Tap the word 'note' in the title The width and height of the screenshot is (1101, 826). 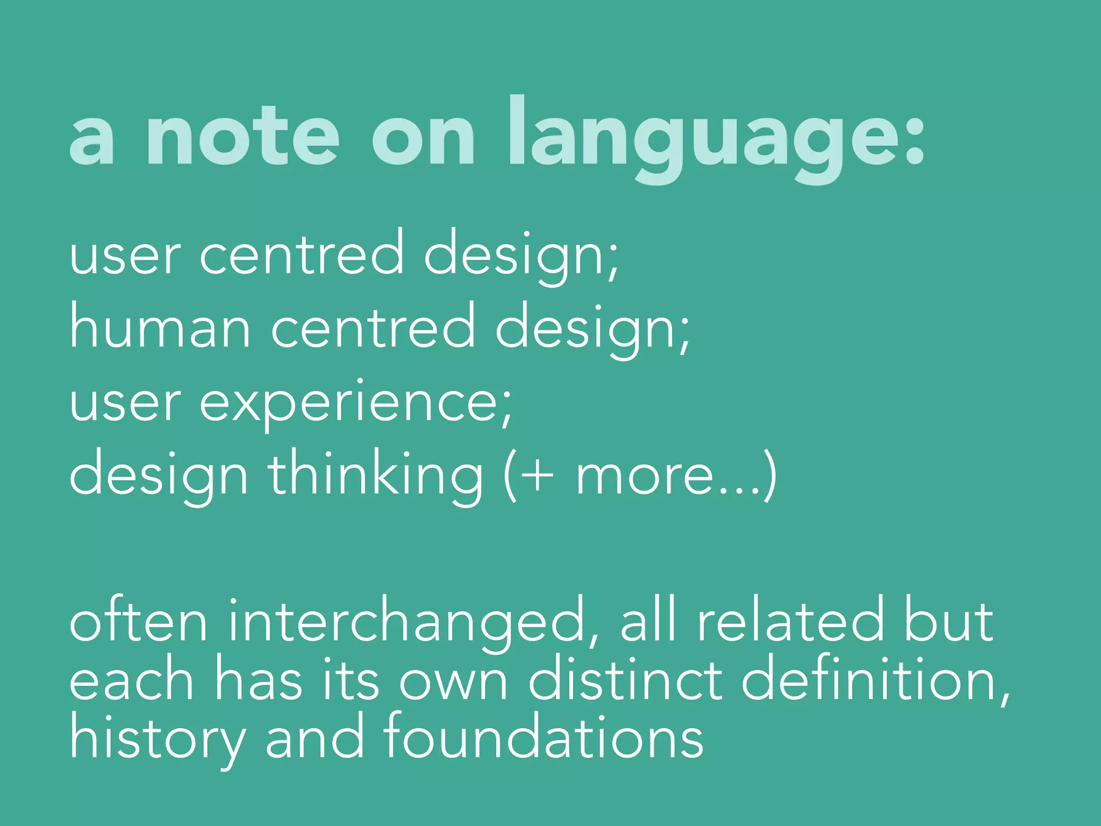[x=242, y=138]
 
